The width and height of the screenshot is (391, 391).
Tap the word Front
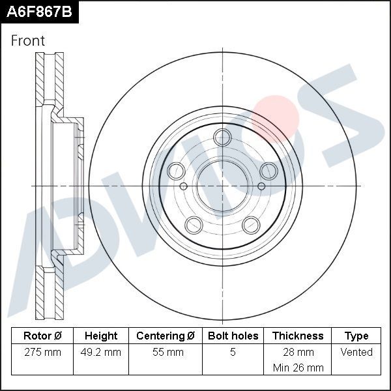[28, 40]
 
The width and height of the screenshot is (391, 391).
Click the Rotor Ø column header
[42, 336]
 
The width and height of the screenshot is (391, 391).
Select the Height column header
[101, 336]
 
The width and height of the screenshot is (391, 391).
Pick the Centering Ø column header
[166, 336]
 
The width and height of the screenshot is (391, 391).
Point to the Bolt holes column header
[233, 336]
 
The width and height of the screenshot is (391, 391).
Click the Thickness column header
[298, 336]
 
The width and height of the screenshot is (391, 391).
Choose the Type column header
[356, 336]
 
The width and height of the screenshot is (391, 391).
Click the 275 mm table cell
[42, 353]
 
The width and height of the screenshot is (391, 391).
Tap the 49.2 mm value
[101, 353]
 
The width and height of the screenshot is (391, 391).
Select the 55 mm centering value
[166, 353]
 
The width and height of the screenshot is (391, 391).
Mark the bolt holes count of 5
[233, 353]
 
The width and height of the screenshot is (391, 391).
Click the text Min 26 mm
[298, 368]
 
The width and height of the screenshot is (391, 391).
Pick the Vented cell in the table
[356, 353]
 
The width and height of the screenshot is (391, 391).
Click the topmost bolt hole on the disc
[223, 138]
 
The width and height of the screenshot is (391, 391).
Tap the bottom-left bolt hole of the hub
[194, 225]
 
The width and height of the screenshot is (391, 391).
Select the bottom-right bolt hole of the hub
[252, 225]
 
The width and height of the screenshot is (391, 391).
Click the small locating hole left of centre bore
[183, 186]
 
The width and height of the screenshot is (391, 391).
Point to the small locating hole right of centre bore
[261, 186]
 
